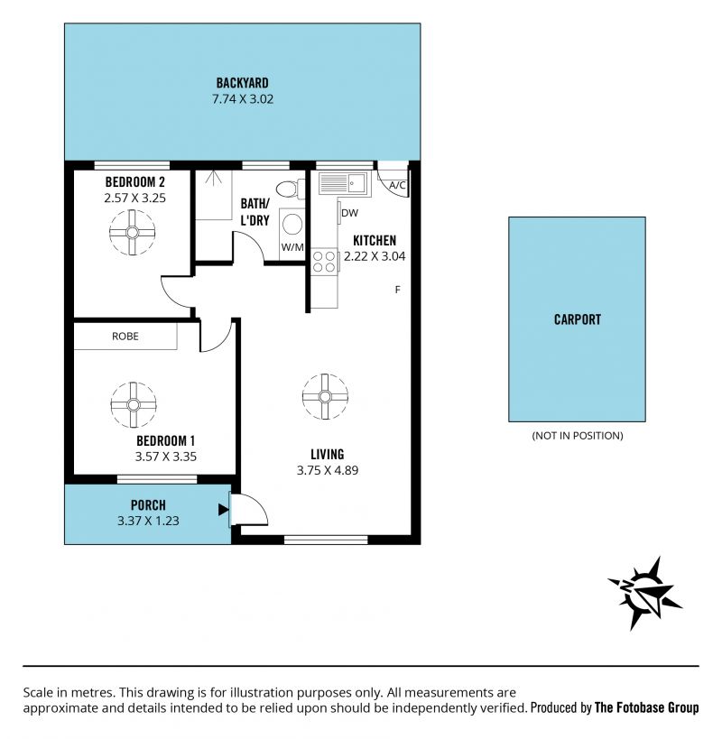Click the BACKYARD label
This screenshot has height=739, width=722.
[242, 83]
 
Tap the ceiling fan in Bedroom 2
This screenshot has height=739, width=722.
[132, 233]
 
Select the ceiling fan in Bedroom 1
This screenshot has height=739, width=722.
[134, 405]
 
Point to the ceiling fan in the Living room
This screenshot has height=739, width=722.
[325, 396]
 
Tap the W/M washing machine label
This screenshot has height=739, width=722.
[292, 247]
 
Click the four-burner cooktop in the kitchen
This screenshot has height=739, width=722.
[324, 262]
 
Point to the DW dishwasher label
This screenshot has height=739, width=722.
[349, 213]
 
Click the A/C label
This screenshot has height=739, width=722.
[397, 185]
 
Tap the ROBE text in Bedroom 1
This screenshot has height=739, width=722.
[125, 336]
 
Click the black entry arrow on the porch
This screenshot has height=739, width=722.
[224, 510]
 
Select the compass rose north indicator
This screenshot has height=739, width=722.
[645, 593]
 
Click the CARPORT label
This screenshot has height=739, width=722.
[578, 319]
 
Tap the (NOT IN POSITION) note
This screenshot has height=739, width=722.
[578, 436]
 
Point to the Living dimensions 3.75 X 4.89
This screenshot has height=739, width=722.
[328, 470]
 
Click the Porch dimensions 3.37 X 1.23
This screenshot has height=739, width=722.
[148, 521]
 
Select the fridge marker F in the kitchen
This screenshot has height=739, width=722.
[397, 290]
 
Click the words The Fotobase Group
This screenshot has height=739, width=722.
[646, 707]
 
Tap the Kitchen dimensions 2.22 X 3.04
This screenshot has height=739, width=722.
[375, 256]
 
